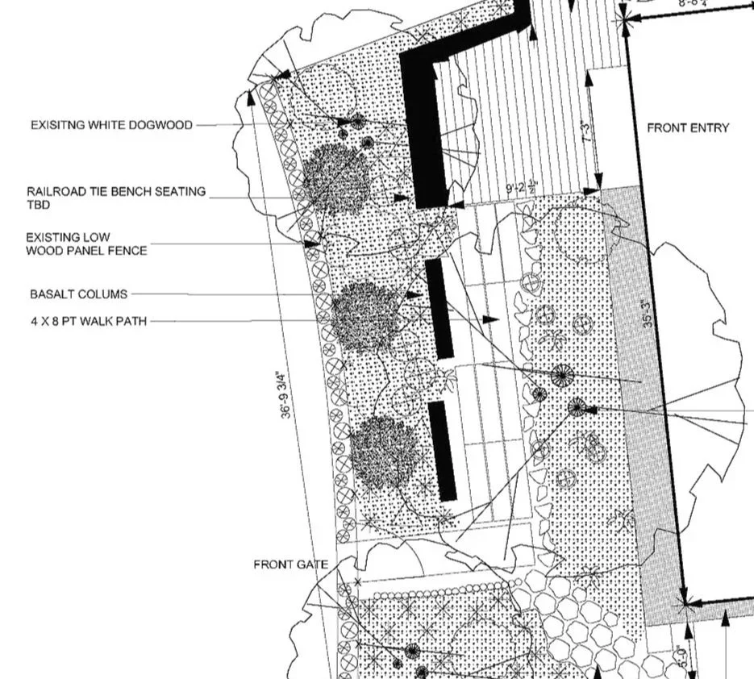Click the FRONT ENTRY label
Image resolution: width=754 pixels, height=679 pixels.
coord(687,127)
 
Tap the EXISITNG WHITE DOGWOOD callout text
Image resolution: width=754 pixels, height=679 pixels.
coord(111,125)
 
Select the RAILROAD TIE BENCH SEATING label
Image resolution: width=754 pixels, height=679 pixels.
coord(116,192)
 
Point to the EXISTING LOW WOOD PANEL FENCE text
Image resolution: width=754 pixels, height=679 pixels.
coord(86,244)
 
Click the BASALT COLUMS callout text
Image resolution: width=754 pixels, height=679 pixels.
coord(78,294)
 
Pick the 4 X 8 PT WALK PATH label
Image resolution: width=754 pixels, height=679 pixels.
coord(89,321)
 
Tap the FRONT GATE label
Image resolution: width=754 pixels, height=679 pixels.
coord(290,564)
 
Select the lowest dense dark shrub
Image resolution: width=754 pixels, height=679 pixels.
coord(385,453)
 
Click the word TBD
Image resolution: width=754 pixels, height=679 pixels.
coord(38,205)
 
